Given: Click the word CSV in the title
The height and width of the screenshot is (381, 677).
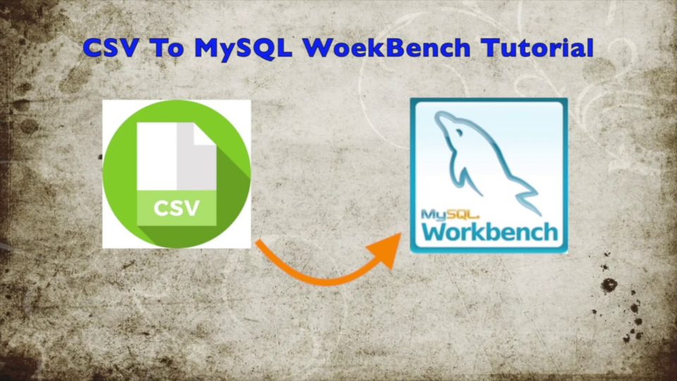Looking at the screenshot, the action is pos(111,47).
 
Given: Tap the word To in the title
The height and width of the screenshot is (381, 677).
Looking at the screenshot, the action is pos(168,47).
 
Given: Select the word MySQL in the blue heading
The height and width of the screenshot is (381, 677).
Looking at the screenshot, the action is pos(243,49).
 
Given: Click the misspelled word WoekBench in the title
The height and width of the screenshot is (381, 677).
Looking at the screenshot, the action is pos(386,47).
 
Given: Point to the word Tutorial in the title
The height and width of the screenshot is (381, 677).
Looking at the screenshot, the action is pos(537,47).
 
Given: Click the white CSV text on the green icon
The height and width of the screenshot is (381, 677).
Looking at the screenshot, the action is pos(176,208).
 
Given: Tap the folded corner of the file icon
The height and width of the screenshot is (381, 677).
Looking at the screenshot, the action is pos(205,134).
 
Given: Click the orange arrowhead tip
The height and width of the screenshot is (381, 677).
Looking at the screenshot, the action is pos(401,234).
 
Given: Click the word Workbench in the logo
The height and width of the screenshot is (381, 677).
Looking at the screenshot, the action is pos(489,232).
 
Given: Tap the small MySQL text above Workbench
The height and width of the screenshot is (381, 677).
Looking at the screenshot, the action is pos(449,214).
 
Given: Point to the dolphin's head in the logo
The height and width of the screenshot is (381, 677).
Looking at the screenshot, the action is pos(449,123).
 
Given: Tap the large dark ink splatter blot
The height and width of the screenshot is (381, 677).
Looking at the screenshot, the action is pos(609,284).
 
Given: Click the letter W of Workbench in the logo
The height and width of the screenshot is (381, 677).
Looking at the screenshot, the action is pos(434,231).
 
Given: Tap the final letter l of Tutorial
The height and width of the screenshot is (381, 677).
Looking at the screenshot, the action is pos(591,47).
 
